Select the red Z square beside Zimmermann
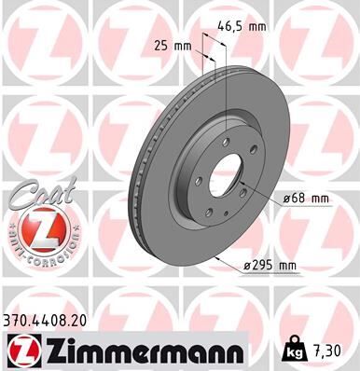pyautogui.click(x=20, y=350)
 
